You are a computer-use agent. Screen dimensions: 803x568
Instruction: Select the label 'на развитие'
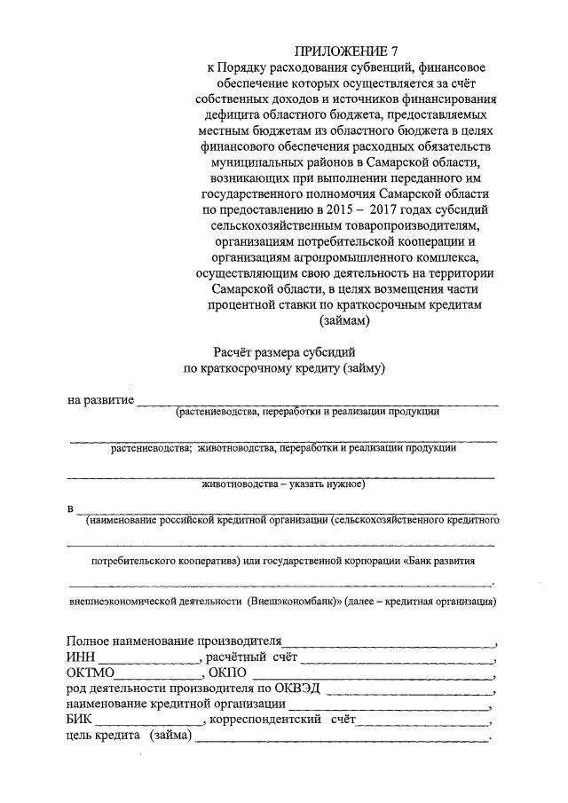100,400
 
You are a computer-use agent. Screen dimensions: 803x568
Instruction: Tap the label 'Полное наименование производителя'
173,641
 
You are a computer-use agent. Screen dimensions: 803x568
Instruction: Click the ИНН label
80,657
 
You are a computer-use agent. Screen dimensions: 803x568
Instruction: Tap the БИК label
79,720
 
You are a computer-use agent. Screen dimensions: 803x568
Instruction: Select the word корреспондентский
268,720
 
